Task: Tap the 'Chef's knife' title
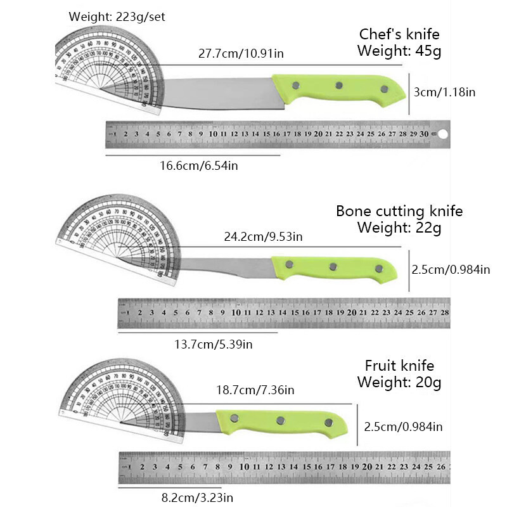click(399, 34)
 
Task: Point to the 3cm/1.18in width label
click(444, 93)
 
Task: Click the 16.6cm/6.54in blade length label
click(199, 166)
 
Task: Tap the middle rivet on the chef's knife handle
click(339, 85)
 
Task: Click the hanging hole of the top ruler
click(443, 134)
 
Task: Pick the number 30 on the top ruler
click(425, 134)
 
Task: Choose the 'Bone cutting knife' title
click(399, 211)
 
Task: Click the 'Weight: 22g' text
click(399, 227)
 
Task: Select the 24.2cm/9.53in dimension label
click(264, 237)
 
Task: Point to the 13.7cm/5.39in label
click(214, 344)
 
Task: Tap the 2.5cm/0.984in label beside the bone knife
click(451, 269)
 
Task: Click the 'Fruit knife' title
click(399, 366)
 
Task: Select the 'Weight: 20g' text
click(399, 382)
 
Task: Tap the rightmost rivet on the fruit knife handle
click(328, 423)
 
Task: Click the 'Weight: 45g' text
click(399, 51)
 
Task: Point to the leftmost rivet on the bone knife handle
click(290, 264)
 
